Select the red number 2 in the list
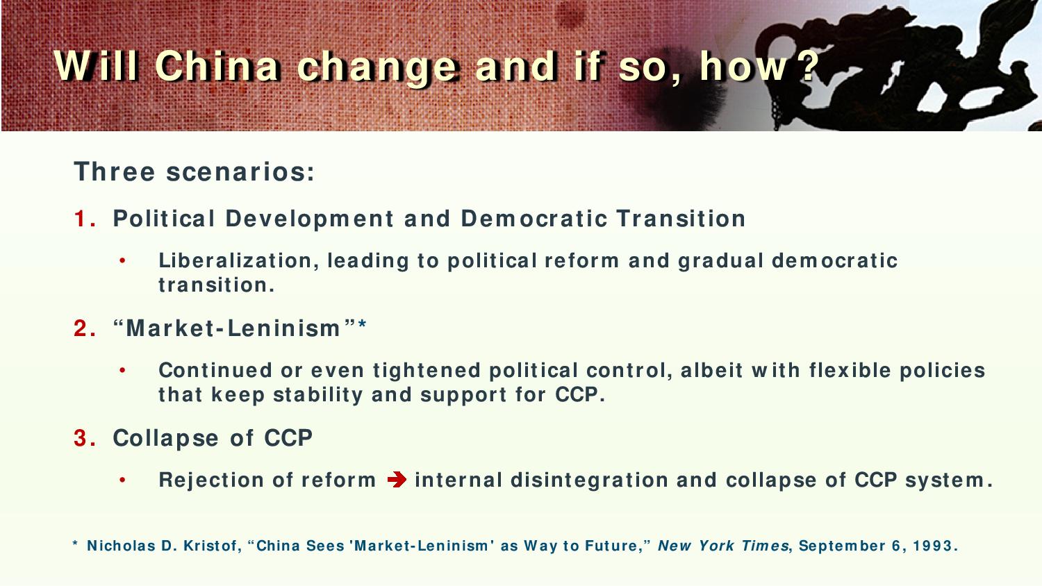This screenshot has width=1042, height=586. click(81, 328)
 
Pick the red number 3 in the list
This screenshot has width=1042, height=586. click(81, 438)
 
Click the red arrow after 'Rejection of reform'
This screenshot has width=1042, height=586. click(397, 480)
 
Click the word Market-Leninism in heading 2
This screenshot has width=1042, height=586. click(233, 328)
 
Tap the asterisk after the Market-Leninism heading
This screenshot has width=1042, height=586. click(363, 324)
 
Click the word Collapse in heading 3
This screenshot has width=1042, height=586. click(165, 439)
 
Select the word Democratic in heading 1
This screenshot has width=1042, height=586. click(534, 219)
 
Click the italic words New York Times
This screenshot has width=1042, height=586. click(723, 545)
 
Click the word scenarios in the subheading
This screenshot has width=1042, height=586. click(240, 171)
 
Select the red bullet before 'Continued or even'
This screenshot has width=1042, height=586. click(122, 371)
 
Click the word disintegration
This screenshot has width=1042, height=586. click(589, 480)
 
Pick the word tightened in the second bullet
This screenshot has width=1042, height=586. click(427, 371)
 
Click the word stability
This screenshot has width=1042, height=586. click(317, 395)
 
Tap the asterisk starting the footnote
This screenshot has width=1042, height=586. click(75, 543)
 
